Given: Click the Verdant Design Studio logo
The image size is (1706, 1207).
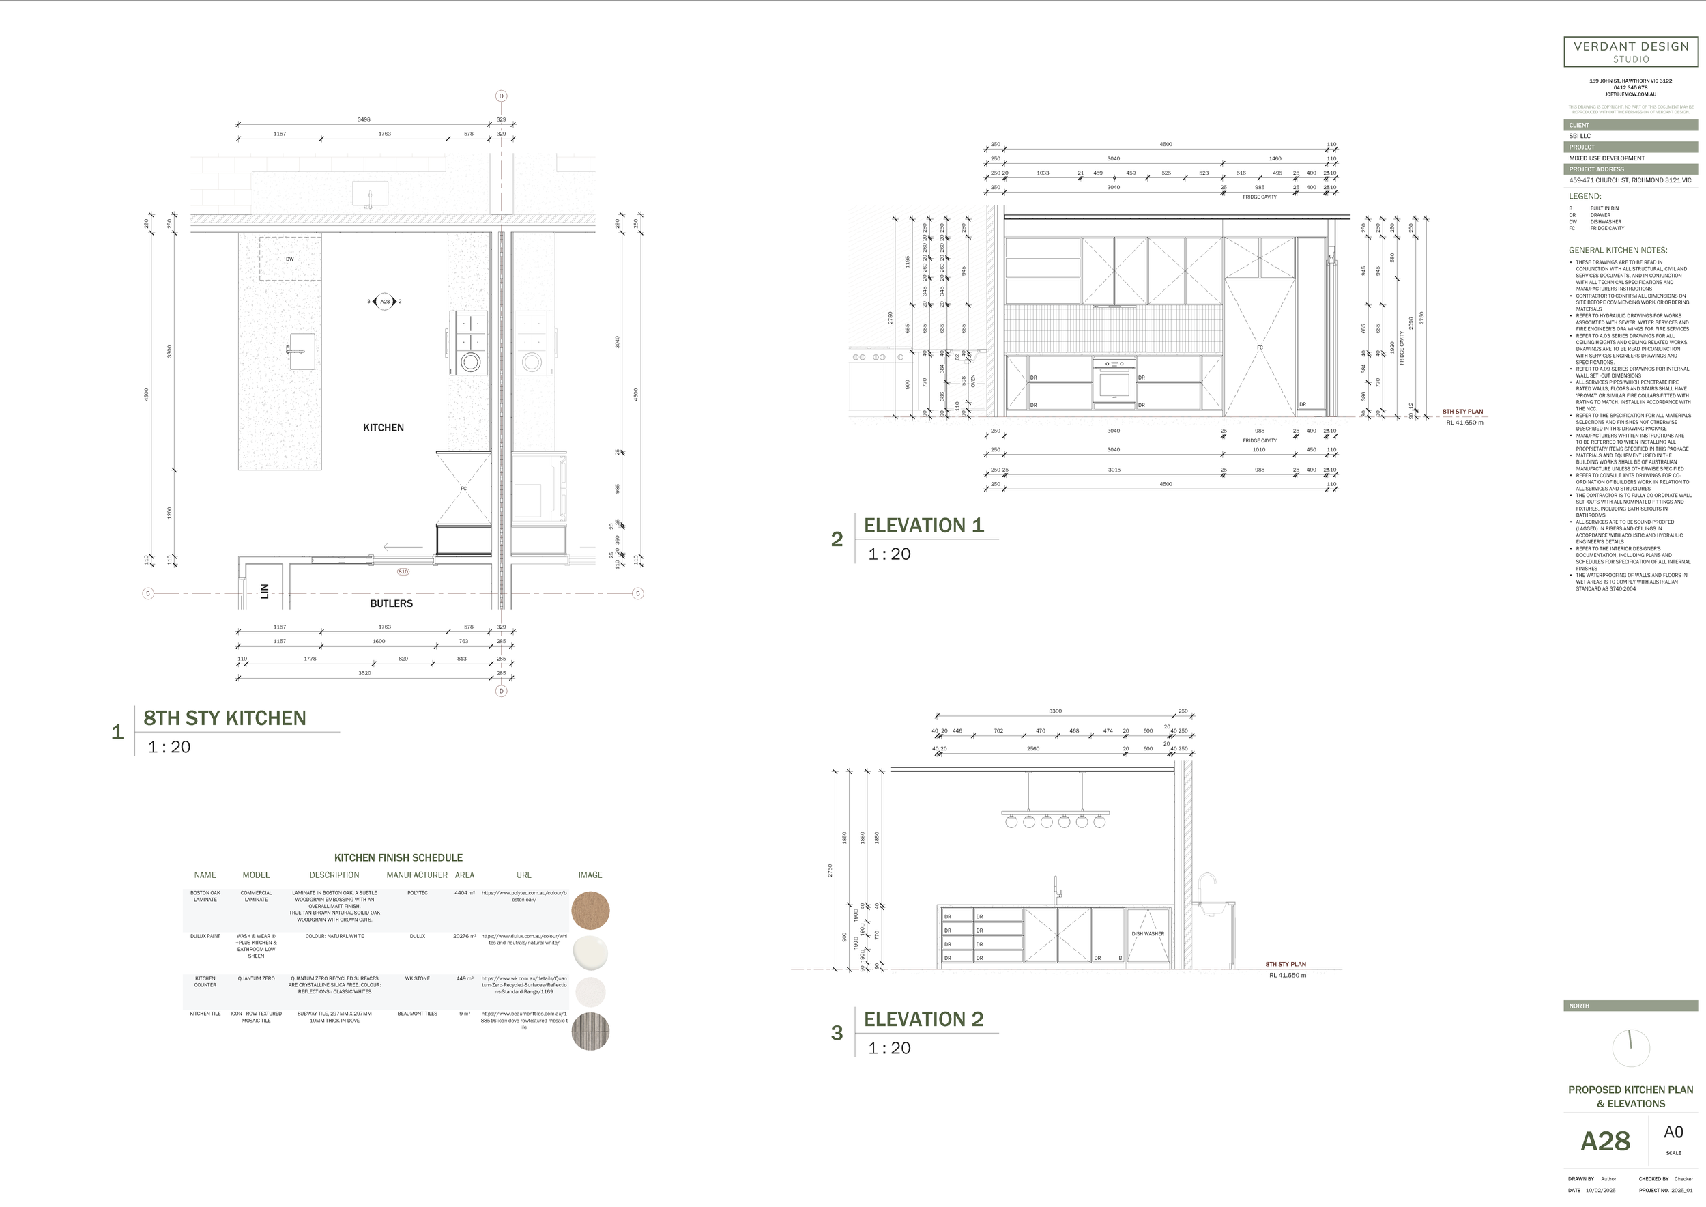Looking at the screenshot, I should [x=1631, y=51].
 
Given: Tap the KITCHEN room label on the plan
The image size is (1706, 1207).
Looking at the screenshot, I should [x=384, y=427].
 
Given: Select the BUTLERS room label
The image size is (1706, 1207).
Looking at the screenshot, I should [x=392, y=603].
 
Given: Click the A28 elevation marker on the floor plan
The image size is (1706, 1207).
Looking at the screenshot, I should [x=384, y=302].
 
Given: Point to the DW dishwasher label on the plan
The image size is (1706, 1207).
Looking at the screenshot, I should [x=290, y=259].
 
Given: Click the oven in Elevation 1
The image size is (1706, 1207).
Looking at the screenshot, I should [x=1114, y=382].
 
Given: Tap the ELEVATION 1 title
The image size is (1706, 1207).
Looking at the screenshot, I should [x=923, y=526].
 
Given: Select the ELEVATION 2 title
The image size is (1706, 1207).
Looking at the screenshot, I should [x=923, y=1019].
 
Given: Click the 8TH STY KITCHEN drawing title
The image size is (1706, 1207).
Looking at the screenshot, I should [x=225, y=718].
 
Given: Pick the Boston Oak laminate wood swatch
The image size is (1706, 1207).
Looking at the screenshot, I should [x=591, y=911].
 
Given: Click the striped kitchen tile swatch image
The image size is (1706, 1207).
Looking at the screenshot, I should [x=591, y=1031].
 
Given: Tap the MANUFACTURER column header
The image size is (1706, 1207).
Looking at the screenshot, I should [x=417, y=875].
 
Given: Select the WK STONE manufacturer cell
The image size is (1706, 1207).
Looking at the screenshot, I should [x=418, y=979].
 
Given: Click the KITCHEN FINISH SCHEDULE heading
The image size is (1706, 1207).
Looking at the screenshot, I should [x=399, y=857].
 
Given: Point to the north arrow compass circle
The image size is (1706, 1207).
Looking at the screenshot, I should [x=1631, y=1048].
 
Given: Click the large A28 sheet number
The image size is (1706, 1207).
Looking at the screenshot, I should [x=1605, y=1141].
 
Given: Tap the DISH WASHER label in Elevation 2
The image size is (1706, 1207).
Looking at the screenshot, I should [x=1148, y=933].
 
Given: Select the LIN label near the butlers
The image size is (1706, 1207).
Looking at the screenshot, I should [x=265, y=592].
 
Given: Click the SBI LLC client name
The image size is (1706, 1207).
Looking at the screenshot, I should [x=1580, y=136].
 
